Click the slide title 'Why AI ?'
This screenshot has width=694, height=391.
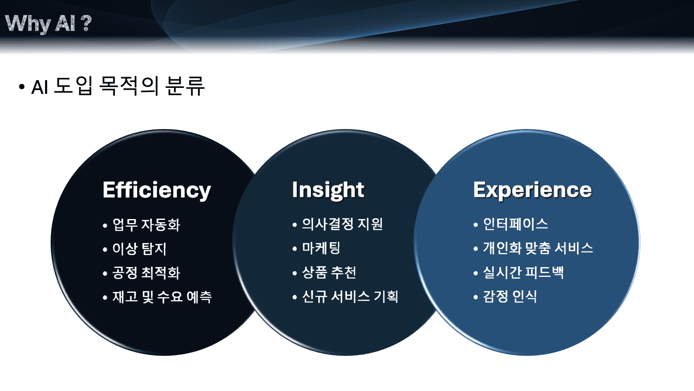point(48,24)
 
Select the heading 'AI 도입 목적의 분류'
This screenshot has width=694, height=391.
point(118,86)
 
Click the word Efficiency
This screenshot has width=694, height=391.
point(157,190)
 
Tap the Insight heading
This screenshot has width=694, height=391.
point(328,190)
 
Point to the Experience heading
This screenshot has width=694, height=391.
point(533,190)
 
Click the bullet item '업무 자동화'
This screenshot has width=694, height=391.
point(146,225)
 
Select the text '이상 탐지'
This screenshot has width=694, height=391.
point(139,249)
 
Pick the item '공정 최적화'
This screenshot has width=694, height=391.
point(146,273)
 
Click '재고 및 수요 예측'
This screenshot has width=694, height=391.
point(162,297)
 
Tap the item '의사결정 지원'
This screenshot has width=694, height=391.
point(343,224)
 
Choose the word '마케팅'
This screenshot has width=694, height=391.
point(321,248)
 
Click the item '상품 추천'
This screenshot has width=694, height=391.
point(329,272)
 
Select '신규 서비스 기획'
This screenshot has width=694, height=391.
point(350,296)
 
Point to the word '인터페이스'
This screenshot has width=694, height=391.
point(516,224)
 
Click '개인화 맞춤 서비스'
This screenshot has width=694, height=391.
point(538,248)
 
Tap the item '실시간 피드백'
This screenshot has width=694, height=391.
point(523,272)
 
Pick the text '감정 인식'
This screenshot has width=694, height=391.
point(510,296)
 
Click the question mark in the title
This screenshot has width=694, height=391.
point(86,23)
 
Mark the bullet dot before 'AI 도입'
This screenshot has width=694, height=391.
point(22,87)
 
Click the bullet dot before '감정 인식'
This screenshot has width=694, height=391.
point(476,297)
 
